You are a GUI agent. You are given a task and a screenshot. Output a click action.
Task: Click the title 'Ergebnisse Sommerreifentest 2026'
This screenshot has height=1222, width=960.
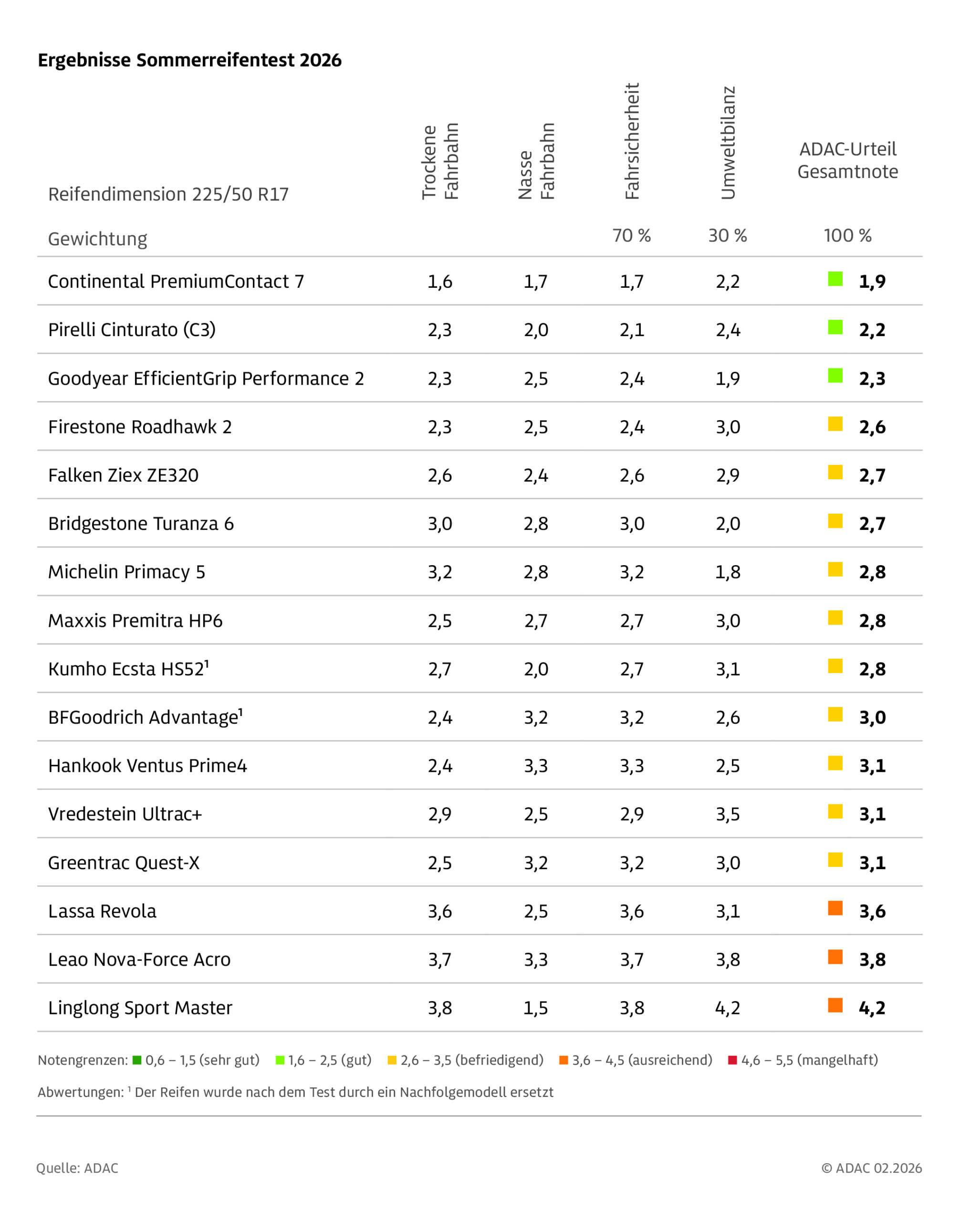click(189, 60)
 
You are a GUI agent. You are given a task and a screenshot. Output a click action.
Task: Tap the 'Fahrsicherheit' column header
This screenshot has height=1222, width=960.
click(632, 141)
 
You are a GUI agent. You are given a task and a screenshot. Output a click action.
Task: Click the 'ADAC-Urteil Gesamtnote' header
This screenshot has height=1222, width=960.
click(847, 160)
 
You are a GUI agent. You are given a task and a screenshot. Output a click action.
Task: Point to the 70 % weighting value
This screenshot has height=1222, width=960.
click(631, 236)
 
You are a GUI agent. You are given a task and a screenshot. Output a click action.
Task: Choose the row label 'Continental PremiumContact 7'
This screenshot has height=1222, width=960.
click(176, 281)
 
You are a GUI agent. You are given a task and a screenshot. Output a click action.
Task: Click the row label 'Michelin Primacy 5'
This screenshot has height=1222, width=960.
click(126, 572)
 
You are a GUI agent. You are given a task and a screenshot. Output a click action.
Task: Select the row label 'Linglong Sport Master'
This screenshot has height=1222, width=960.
click(140, 1008)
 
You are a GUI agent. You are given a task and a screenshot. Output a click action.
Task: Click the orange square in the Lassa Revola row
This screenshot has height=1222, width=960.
click(835, 908)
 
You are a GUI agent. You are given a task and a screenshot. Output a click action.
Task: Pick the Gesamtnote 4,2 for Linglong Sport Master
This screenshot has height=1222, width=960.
click(872, 1008)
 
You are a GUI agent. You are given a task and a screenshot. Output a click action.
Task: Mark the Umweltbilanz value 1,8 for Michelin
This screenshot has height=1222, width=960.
click(728, 572)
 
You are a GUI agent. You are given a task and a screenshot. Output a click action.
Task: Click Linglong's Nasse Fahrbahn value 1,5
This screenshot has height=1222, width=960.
click(536, 1008)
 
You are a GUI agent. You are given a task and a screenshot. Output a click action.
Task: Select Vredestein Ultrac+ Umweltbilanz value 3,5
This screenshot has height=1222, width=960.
click(728, 814)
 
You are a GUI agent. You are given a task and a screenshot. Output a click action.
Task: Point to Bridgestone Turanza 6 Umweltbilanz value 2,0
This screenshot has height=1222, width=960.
click(728, 524)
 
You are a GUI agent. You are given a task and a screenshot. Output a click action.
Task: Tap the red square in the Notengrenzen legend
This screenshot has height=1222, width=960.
click(732, 1061)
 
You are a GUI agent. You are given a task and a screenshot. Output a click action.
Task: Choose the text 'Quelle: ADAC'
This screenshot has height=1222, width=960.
click(78, 1168)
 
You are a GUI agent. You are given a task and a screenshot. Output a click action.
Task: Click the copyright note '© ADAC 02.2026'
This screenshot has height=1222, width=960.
click(871, 1168)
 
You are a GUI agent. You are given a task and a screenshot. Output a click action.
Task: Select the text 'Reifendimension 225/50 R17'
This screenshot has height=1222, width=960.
click(168, 194)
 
